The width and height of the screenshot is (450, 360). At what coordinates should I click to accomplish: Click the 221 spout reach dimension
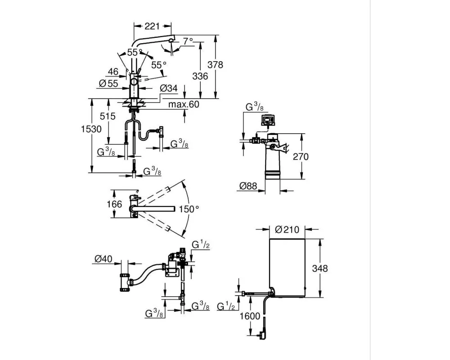click(x=152, y=26)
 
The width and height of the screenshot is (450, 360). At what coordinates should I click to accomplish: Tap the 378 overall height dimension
click(x=215, y=65)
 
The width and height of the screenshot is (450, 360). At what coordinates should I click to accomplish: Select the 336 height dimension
click(x=200, y=76)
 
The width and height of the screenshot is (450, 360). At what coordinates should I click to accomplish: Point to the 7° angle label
click(x=188, y=41)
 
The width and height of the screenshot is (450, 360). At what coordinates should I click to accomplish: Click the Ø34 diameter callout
click(x=168, y=88)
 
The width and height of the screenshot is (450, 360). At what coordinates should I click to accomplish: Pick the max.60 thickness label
click(x=184, y=104)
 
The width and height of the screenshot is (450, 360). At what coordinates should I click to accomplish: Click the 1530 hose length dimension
click(x=91, y=129)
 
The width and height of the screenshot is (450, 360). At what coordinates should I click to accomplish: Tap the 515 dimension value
click(x=108, y=116)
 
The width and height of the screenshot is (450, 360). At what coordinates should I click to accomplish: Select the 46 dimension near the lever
click(x=113, y=72)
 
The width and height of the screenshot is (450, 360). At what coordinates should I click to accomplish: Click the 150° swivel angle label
click(x=189, y=209)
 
